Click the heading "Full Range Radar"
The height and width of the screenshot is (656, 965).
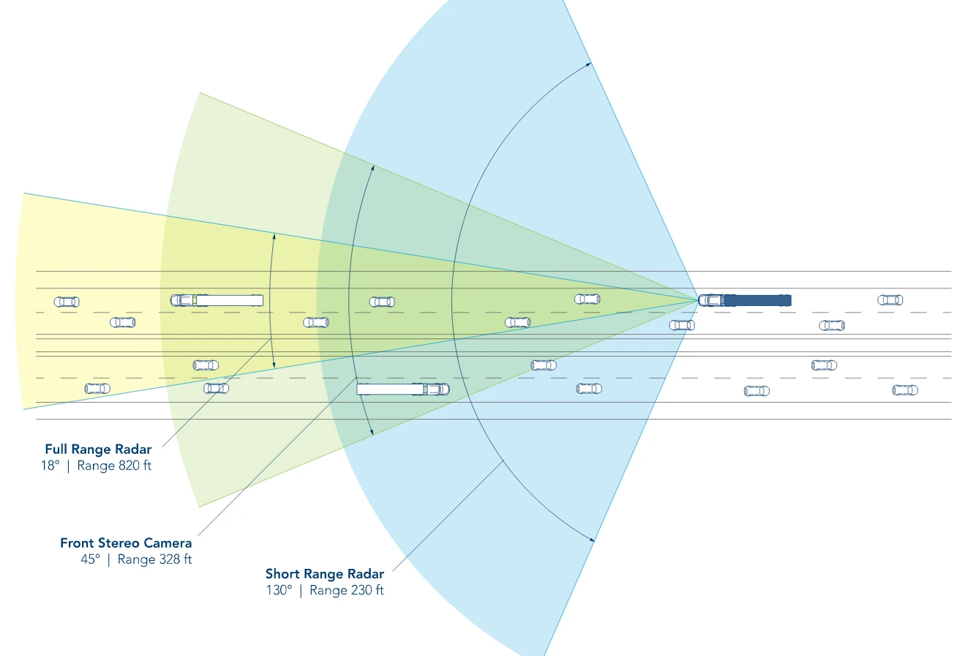click(x=98, y=450)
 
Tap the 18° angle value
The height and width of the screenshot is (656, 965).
click(x=50, y=466)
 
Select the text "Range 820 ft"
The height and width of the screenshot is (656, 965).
click(x=114, y=466)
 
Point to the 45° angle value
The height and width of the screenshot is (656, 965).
click(x=91, y=559)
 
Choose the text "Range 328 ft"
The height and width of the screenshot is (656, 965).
click(x=154, y=559)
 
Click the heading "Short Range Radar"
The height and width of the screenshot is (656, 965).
click(x=325, y=574)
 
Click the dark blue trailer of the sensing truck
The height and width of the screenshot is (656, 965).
click(x=758, y=300)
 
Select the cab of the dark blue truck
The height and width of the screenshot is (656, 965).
click(x=711, y=300)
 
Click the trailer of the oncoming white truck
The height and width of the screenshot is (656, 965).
click(x=390, y=389)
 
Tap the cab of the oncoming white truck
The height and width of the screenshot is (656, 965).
click(x=437, y=389)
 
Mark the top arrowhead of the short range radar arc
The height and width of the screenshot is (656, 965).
click(x=589, y=64)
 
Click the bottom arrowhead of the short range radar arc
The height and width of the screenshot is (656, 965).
click(x=591, y=539)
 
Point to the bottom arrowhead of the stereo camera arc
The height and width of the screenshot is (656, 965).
click(x=372, y=431)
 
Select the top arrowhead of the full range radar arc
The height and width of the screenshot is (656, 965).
click(x=274, y=236)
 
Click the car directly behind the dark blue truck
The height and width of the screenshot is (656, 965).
click(x=890, y=300)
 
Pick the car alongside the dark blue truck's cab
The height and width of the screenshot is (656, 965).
click(x=682, y=325)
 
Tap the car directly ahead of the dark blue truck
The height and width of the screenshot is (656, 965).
click(x=587, y=299)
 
